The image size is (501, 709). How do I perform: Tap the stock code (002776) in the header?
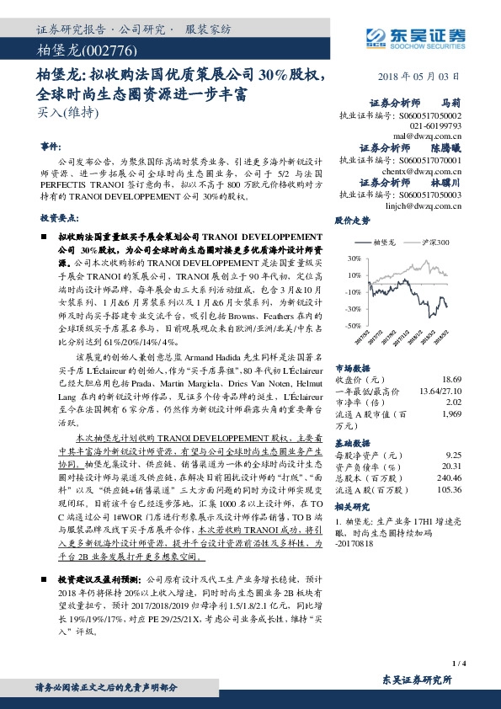pyautogui.click(x=98, y=50)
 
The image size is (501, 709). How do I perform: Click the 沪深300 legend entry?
pyautogui.click(x=432, y=242)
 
